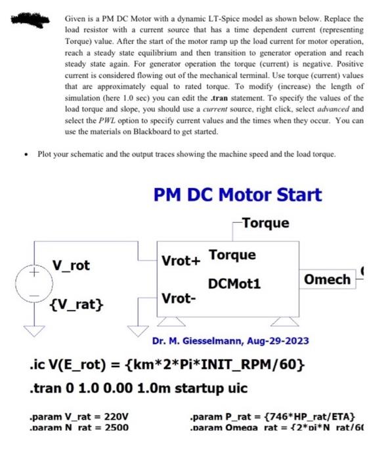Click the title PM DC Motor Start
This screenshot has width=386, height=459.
[237, 195]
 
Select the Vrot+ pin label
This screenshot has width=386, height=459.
[180, 260]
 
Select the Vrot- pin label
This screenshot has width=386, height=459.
[179, 298]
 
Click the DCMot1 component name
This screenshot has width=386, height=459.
[234, 284]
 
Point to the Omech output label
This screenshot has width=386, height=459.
[328, 279]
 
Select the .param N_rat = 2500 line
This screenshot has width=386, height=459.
[79, 428]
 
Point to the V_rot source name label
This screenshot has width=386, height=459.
[71, 266]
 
